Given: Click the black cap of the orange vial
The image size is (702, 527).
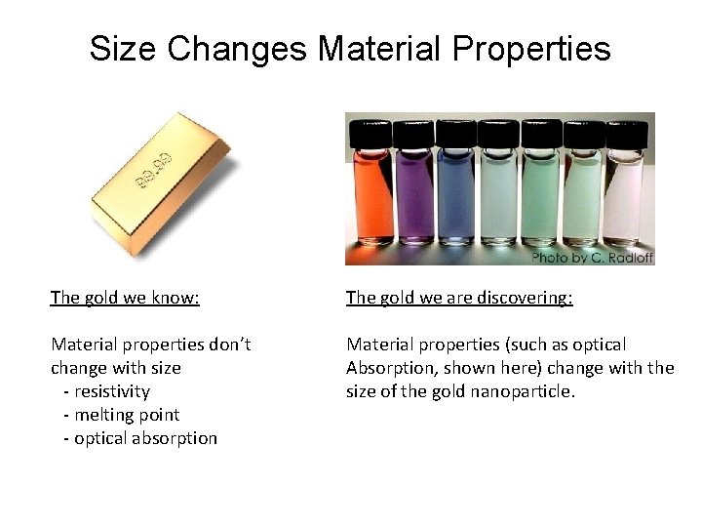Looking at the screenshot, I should coord(370,132).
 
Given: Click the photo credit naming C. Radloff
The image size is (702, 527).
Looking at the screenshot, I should coord(592,258).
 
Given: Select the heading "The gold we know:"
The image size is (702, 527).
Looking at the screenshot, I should coord(125,298).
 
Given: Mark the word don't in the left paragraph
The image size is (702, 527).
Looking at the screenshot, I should coord(227,345).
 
